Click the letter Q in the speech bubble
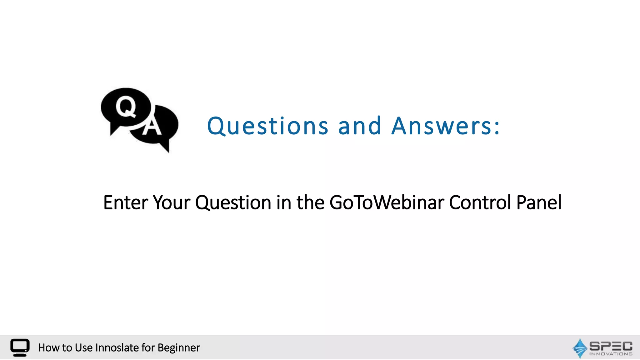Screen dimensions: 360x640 [126, 107]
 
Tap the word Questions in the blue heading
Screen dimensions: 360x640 [267, 126]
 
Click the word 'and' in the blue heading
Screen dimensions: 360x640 [360, 126]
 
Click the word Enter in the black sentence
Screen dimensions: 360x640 [125, 202]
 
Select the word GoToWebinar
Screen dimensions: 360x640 [387, 202]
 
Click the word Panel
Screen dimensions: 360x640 [539, 202]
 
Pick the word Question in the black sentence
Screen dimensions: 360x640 [233, 202]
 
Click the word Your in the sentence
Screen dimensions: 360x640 [172, 202]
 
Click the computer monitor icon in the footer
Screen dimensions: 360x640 [20, 347]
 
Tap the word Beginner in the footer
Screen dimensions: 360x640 [179, 347]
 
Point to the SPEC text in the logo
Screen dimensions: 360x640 [611, 346]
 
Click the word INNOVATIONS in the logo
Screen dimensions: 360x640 [611, 354]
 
